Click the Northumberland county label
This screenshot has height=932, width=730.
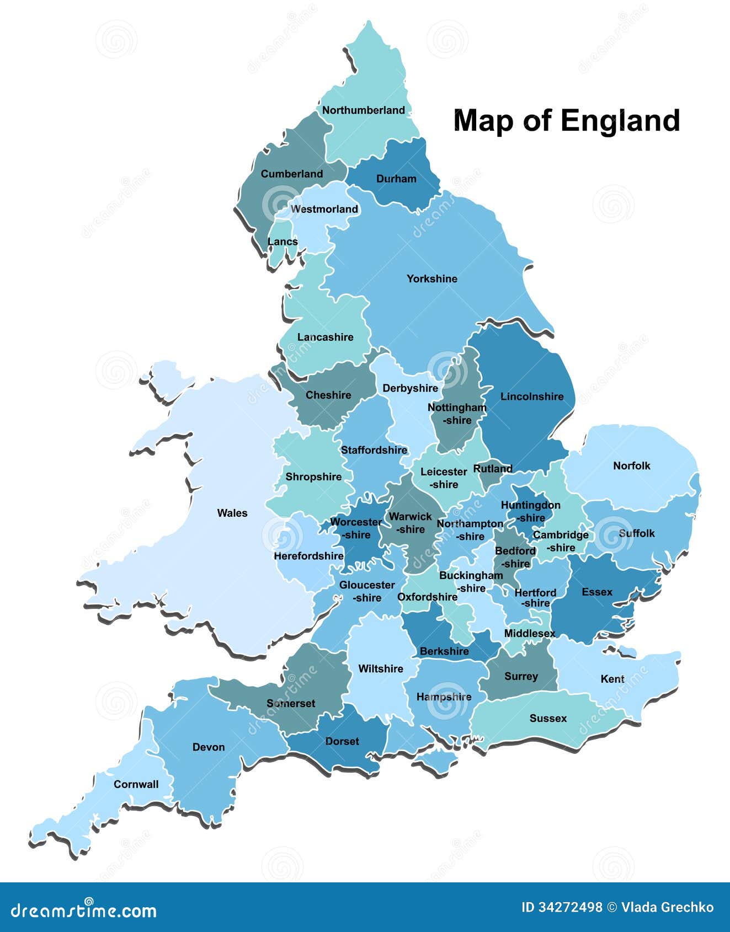tap(363, 110)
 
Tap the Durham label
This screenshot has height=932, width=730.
tap(396, 179)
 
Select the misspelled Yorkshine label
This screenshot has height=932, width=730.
tap(432, 279)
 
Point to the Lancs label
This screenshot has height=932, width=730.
tap(283, 242)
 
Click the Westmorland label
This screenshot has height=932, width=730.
tap(324, 209)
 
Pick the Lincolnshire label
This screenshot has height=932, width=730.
tap(532, 397)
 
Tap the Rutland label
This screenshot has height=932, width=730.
tap(493, 469)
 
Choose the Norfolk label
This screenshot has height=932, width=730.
tap(632, 466)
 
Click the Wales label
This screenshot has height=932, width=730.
tap(232, 513)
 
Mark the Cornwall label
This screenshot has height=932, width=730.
tap(136, 784)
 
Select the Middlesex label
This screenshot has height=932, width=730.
tap(530, 634)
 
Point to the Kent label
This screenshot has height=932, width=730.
tap(612, 679)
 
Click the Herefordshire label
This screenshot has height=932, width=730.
tap(308, 556)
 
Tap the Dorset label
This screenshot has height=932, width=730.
tap(342, 741)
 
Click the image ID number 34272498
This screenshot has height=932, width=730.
tap(570, 907)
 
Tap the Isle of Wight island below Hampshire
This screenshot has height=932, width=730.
tap(436, 763)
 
